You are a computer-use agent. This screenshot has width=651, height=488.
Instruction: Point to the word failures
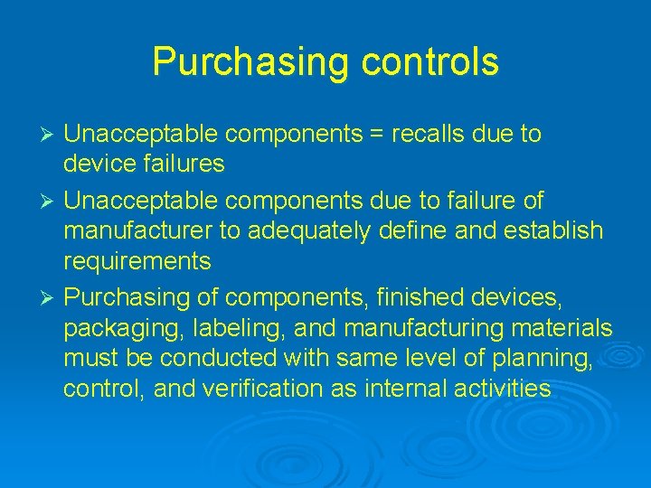click(180, 164)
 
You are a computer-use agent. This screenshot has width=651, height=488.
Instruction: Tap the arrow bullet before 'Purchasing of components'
click(51, 296)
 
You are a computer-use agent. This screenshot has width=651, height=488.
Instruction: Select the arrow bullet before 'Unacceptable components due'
click(51, 200)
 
